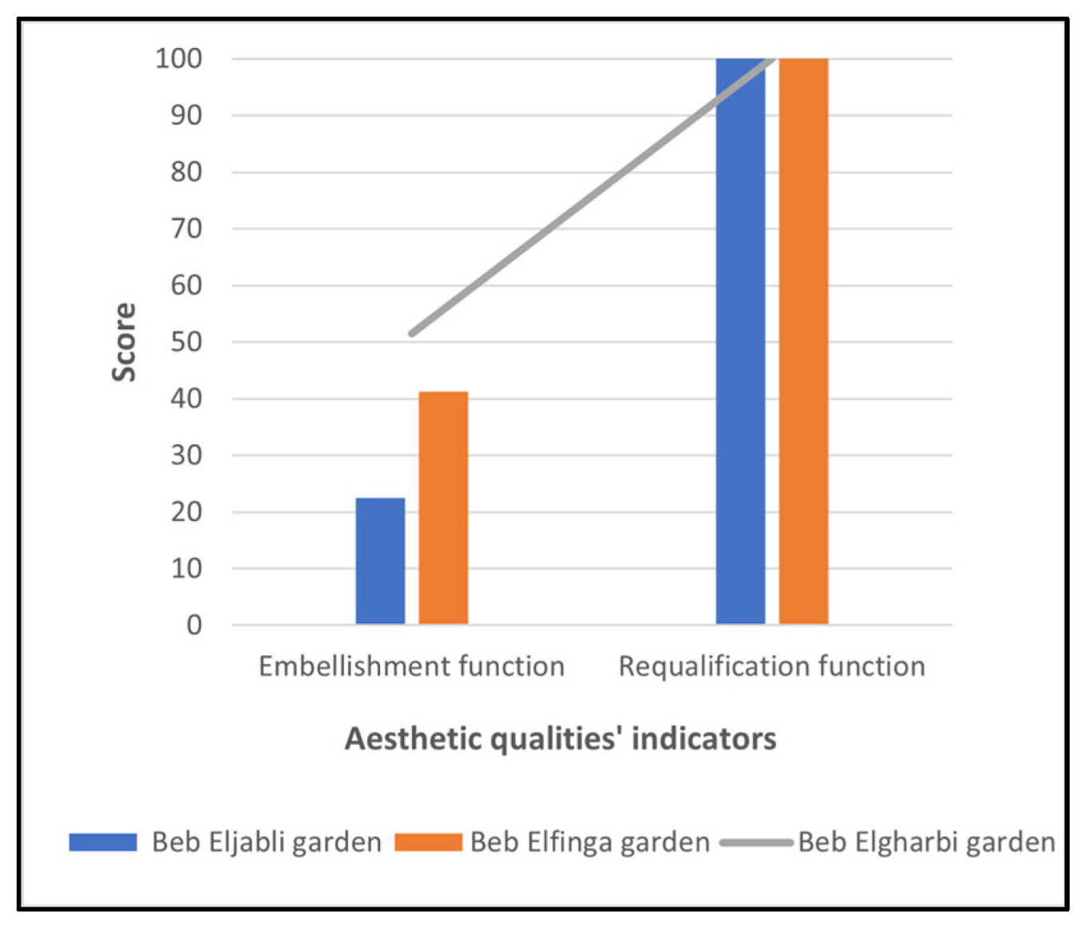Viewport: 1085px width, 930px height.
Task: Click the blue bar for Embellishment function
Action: (380, 561)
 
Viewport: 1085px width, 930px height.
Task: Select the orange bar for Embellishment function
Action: (443, 508)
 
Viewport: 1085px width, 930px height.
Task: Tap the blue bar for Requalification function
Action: (740, 341)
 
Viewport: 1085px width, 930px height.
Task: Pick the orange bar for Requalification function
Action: (803, 341)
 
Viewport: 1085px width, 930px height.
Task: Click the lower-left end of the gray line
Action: (412, 333)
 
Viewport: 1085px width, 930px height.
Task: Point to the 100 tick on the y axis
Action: (179, 58)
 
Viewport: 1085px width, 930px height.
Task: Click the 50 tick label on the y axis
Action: (186, 342)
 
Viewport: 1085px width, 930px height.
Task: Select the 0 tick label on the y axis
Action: (194, 626)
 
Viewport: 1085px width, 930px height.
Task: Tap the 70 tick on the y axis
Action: (186, 229)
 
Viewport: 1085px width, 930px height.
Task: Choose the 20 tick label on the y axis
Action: (186, 512)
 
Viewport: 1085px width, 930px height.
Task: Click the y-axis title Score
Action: (124, 342)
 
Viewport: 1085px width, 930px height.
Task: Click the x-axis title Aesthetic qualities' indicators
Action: (560, 739)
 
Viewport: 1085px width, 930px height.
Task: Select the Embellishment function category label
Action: (412, 666)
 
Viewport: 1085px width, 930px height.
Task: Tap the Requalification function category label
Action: (772, 666)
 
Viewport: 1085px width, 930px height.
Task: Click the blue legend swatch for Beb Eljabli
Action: (103, 842)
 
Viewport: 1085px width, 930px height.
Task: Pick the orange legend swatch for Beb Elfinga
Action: (428, 842)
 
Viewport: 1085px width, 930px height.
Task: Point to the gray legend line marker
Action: (755, 842)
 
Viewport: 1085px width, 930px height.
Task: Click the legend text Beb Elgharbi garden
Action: (927, 842)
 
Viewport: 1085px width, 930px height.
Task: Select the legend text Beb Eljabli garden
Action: (267, 842)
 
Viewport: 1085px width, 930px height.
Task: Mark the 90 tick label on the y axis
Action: (186, 115)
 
